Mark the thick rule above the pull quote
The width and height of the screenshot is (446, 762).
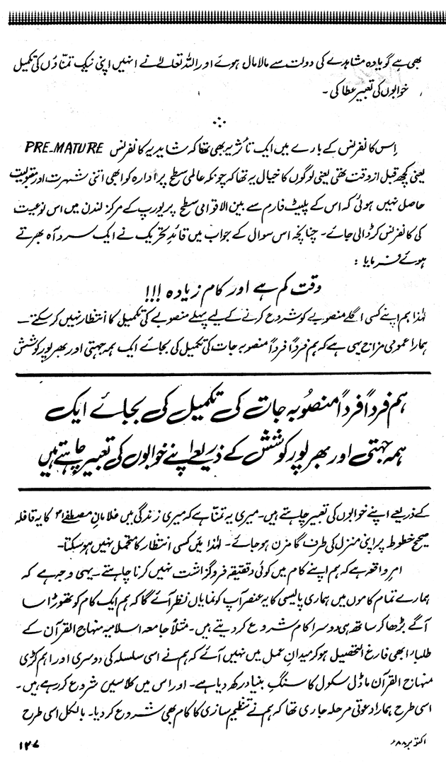(x=223, y=375)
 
